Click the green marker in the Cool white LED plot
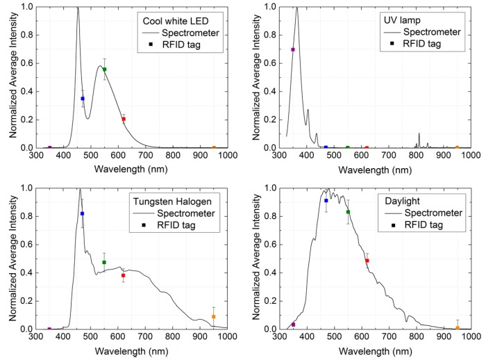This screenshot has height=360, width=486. point(104,69)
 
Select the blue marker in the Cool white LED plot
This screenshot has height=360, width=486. point(83,99)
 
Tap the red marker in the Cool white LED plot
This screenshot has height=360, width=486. point(124,119)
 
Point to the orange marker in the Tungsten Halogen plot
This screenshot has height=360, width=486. point(213,316)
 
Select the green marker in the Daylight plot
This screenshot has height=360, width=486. point(348,212)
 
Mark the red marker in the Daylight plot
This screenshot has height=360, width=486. point(367,261)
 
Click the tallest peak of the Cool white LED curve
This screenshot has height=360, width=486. point(77,8)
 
